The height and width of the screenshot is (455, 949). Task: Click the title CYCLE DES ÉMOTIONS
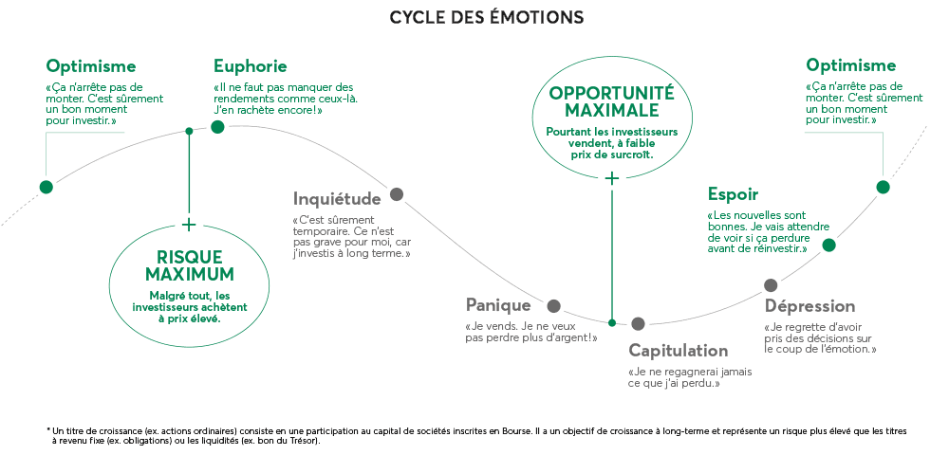click(x=486, y=17)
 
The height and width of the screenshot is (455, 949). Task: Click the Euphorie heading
click(x=250, y=66)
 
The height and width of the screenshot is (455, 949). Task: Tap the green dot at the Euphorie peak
click(x=217, y=127)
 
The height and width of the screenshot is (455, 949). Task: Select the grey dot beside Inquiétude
click(x=397, y=194)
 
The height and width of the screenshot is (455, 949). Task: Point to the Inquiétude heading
click(x=337, y=199)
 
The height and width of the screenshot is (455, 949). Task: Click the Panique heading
click(x=498, y=305)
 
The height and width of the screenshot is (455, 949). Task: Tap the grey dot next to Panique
click(x=554, y=305)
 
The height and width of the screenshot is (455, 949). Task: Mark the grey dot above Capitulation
click(x=638, y=323)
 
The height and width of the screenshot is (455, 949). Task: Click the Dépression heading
click(x=810, y=306)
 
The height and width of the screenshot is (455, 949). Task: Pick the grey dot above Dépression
click(x=771, y=285)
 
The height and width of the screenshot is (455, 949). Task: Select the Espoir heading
click(x=733, y=194)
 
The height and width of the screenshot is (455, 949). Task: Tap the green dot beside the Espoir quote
click(x=828, y=245)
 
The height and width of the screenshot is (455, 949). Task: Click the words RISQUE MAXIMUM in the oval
click(x=190, y=265)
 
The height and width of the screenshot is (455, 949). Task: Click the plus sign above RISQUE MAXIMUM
click(x=189, y=225)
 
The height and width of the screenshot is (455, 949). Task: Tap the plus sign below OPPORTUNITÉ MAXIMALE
click(x=612, y=177)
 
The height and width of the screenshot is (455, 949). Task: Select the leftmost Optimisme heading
click(x=91, y=66)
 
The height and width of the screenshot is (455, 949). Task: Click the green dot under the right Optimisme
click(x=884, y=187)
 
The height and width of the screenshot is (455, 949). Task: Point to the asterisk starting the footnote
click(x=48, y=429)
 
